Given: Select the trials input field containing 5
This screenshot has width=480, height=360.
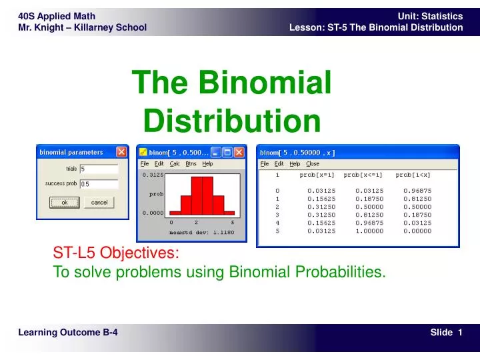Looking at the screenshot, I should point(99,169).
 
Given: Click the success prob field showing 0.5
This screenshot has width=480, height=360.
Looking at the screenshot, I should point(99,184).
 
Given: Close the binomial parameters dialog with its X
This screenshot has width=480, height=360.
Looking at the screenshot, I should point(121,152).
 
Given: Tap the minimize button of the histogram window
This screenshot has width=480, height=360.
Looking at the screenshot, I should point(215,152).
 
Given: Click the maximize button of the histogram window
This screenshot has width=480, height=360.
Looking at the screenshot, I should point(227,152).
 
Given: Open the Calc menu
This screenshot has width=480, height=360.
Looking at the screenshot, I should point(175,163).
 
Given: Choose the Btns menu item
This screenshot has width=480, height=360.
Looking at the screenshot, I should point(191,163).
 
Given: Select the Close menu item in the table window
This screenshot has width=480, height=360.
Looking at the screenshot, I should point(313,163).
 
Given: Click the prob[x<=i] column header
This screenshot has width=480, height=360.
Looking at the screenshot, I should point(363,175).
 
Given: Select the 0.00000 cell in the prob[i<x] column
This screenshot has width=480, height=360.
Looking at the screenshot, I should point(417,231).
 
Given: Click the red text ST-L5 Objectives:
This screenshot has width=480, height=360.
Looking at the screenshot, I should point(116,253).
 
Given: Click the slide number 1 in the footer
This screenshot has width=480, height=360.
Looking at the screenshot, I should point(460,333).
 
